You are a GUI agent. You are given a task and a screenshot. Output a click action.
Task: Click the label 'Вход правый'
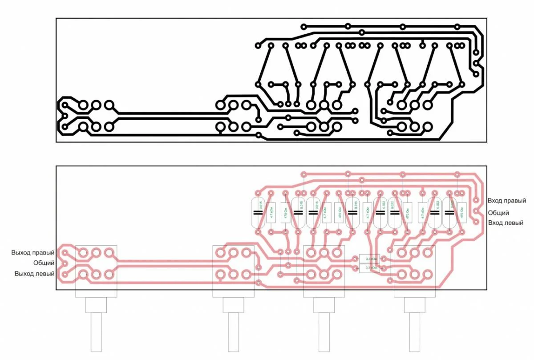[x=506, y=201]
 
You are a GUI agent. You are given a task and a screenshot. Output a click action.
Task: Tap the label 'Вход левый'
[x=506, y=222]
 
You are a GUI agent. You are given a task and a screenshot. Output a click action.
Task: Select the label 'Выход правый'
[x=33, y=253]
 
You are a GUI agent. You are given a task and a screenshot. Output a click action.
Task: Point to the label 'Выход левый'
[x=34, y=274]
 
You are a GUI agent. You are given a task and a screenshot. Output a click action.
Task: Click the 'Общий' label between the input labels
[x=498, y=213]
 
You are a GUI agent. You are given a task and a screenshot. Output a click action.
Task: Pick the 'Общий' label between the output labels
[x=44, y=263]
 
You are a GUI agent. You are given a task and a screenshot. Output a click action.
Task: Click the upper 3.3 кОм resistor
[x=369, y=259]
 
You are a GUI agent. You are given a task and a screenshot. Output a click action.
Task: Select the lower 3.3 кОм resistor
[x=369, y=268]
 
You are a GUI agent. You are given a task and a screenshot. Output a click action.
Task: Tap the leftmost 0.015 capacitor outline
[x=259, y=212]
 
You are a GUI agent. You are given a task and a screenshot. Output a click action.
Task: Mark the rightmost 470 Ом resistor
[x=462, y=212]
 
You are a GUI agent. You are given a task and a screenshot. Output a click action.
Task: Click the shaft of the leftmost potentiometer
[x=97, y=332]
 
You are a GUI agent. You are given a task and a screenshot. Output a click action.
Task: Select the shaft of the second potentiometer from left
[x=234, y=332]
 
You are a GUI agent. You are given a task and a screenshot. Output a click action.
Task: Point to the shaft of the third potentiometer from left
[x=324, y=332]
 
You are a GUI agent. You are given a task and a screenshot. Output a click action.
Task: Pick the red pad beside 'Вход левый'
[x=476, y=221]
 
